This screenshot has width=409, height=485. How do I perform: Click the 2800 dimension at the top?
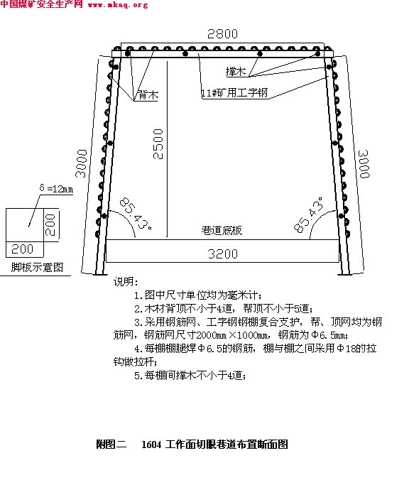(x=222, y=33)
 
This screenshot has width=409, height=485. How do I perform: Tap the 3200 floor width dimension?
(x=223, y=254)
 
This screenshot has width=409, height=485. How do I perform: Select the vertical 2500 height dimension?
(x=158, y=144)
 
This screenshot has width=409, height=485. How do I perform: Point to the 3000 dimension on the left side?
(x=82, y=163)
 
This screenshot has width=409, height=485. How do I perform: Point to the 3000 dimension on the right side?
(x=364, y=164)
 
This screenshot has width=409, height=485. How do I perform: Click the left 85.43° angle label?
(x=135, y=214)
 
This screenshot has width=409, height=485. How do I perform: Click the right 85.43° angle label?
(x=308, y=214)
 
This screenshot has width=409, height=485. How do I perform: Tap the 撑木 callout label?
(x=236, y=72)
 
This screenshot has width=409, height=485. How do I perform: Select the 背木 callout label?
(x=148, y=94)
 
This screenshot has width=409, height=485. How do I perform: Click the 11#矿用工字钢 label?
(x=234, y=92)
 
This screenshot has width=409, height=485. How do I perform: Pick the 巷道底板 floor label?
(x=222, y=231)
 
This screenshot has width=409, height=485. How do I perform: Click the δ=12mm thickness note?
(x=56, y=188)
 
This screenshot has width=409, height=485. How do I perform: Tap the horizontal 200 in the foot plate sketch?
(x=22, y=249)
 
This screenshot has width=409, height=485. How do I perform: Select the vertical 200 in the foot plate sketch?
(x=50, y=225)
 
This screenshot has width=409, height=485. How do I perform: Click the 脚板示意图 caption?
(x=37, y=267)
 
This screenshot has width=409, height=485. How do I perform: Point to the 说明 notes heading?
(x=125, y=282)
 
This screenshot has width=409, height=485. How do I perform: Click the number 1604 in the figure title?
(x=151, y=445)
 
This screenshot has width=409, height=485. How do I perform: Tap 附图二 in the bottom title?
(x=111, y=445)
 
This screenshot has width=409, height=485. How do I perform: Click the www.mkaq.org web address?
(x=118, y=5)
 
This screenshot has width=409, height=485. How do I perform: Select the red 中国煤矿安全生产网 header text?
(x=42, y=4)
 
